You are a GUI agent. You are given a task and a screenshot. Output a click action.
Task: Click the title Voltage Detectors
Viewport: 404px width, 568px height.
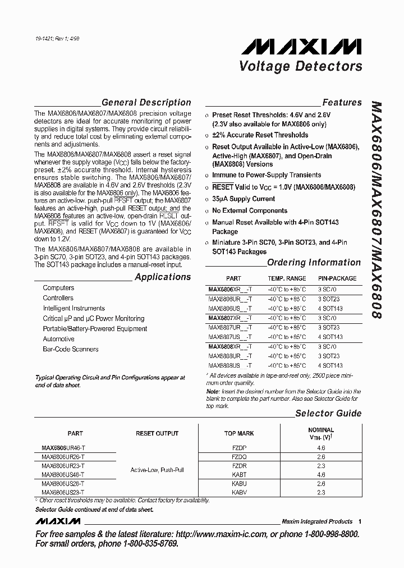coord(301,66)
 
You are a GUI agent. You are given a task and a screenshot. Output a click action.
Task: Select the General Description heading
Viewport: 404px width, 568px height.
coord(146,103)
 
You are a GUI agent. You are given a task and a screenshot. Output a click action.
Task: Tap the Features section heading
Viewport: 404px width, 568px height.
coord(342,103)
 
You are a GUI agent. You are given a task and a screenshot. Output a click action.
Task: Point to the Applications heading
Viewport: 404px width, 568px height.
coord(163,277)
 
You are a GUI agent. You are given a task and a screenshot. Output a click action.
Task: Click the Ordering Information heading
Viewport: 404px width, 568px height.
coord(314,262)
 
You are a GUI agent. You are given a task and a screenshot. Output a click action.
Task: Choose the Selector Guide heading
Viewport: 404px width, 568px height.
coord(328,414)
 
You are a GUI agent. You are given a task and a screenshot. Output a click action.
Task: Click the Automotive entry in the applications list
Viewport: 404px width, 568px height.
coord(58,339)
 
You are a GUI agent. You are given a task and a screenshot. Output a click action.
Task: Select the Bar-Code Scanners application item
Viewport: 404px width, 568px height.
coord(71,349)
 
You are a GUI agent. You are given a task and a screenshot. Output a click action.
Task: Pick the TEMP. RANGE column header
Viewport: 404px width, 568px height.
coord(287,278)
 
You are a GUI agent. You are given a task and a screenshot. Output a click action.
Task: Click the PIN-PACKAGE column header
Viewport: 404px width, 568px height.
coord(337,278)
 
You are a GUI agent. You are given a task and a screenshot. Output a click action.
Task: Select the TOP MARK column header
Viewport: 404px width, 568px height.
coord(239,433)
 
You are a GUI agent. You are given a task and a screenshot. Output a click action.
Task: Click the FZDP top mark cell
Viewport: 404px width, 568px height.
coord(239,448)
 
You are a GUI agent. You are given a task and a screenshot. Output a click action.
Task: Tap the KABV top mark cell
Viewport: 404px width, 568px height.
coord(239,492)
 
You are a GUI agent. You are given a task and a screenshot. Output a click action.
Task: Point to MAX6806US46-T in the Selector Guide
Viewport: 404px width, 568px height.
coord(63,475)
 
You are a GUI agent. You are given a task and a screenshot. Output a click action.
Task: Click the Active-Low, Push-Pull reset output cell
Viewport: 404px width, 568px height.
coord(157,470)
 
